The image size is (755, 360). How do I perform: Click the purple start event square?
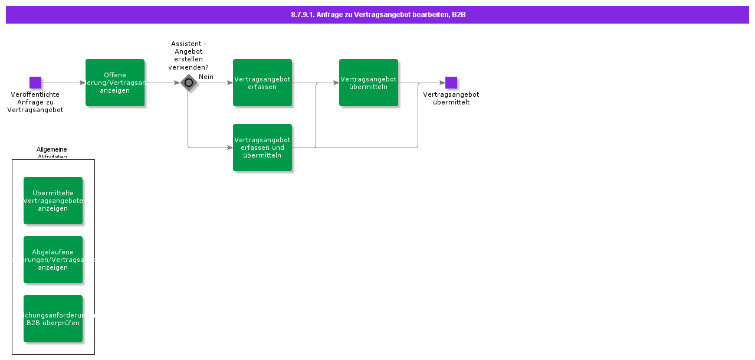(35, 83)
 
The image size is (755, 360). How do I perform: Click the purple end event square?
(451, 83)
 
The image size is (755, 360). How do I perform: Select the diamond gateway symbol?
(189, 83)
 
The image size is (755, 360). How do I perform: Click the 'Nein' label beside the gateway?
(206, 77)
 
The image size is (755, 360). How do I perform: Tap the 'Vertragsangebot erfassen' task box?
(262, 83)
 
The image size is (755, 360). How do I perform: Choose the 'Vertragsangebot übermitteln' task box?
(369, 83)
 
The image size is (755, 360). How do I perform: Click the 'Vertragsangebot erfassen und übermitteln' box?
(262, 148)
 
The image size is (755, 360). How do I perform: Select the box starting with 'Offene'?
(115, 83)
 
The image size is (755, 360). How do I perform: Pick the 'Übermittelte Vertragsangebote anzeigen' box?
(53, 201)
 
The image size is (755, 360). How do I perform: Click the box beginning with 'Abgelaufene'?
(53, 260)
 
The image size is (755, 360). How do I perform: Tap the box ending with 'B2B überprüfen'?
(53, 319)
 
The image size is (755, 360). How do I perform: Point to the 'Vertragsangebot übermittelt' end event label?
(451, 98)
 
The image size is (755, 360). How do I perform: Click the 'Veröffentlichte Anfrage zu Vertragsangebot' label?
(35, 102)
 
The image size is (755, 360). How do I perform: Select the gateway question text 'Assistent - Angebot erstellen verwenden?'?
(189, 55)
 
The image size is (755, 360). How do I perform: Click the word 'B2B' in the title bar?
(459, 15)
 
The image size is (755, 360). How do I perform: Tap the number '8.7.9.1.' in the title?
(302, 15)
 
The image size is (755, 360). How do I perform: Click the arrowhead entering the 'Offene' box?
(83, 83)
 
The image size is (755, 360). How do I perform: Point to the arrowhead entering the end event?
(442, 83)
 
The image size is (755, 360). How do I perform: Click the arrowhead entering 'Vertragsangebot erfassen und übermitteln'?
(230, 148)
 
